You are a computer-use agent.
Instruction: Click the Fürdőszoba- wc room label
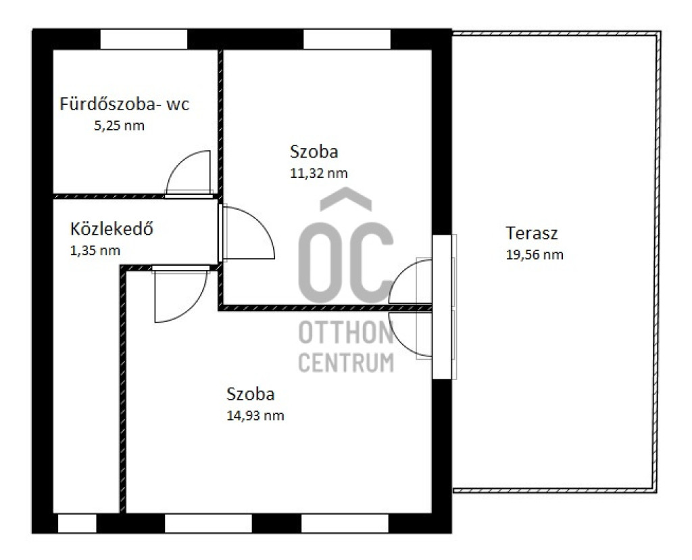[124, 104]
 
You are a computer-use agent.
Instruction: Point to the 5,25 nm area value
[119, 126]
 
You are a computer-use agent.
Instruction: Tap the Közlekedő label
[112, 229]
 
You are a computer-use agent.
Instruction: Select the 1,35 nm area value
[95, 251]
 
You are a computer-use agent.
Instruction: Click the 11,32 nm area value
[319, 173]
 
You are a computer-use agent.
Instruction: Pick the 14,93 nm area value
[255, 415]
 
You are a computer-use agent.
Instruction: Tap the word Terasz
[531, 233]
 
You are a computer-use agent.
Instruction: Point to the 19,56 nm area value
[535, 255]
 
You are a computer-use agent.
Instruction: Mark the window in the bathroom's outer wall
[144, 39]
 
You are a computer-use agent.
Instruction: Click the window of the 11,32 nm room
[347, 39]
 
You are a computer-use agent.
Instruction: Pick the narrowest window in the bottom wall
[77, 523]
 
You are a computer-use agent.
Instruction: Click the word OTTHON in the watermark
[346, 333]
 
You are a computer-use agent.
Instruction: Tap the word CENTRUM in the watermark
[346, 363]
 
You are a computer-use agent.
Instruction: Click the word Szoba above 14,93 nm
[250, 394]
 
